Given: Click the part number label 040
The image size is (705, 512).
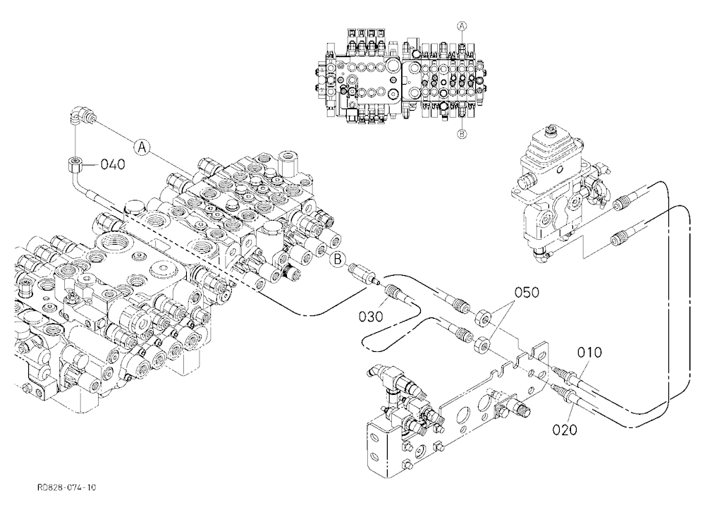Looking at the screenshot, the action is click(112, 164).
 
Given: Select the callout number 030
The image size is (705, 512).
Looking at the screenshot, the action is click(371, 317).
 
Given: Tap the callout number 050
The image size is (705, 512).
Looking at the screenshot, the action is click(526, 293).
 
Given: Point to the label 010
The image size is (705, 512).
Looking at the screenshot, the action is click(589, 353).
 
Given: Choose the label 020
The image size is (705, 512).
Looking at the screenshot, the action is click(565, 430).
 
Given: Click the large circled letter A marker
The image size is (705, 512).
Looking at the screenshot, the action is click(141, 147).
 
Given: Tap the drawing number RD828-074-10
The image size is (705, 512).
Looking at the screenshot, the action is click(67, 487).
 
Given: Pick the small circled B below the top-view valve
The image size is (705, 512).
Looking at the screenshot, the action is click(462, 133).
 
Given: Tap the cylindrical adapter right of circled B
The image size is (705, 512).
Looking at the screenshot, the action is click(363, 274).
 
